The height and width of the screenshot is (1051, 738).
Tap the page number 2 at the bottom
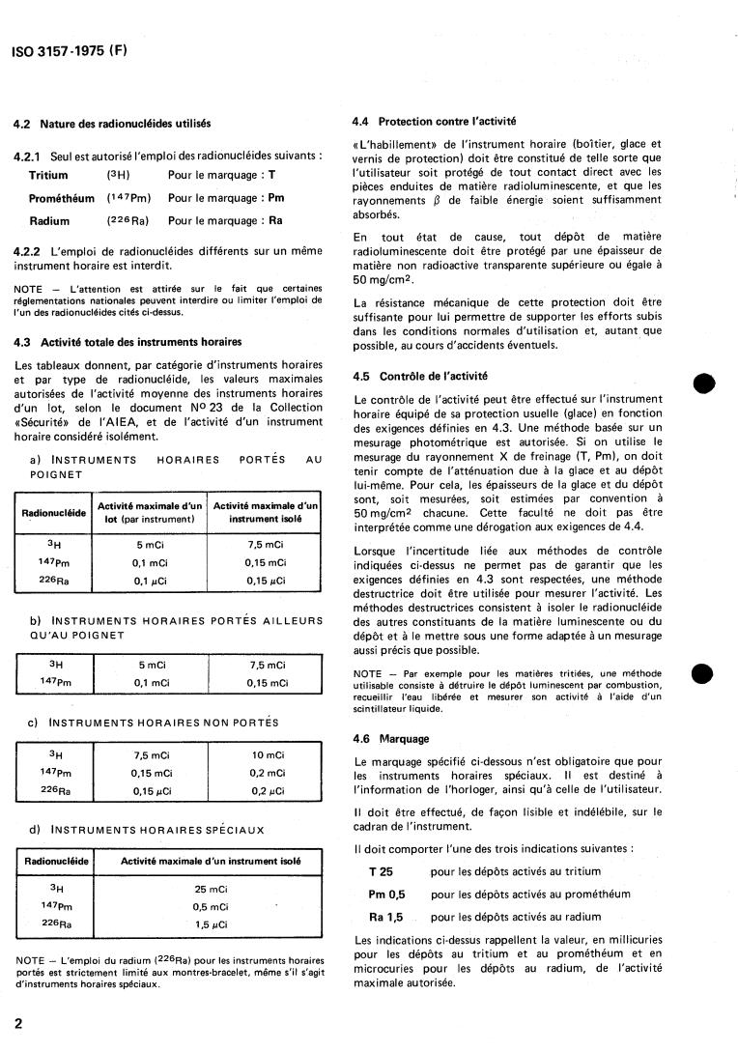18,1023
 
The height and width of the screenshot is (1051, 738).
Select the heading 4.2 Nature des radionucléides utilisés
112,124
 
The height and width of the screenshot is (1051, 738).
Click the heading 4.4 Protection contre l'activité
434,122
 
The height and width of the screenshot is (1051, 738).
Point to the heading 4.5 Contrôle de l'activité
420,376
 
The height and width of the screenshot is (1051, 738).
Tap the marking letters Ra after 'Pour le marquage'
275,221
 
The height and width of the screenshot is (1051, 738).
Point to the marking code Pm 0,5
386,895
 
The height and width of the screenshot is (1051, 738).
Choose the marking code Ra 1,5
386,917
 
